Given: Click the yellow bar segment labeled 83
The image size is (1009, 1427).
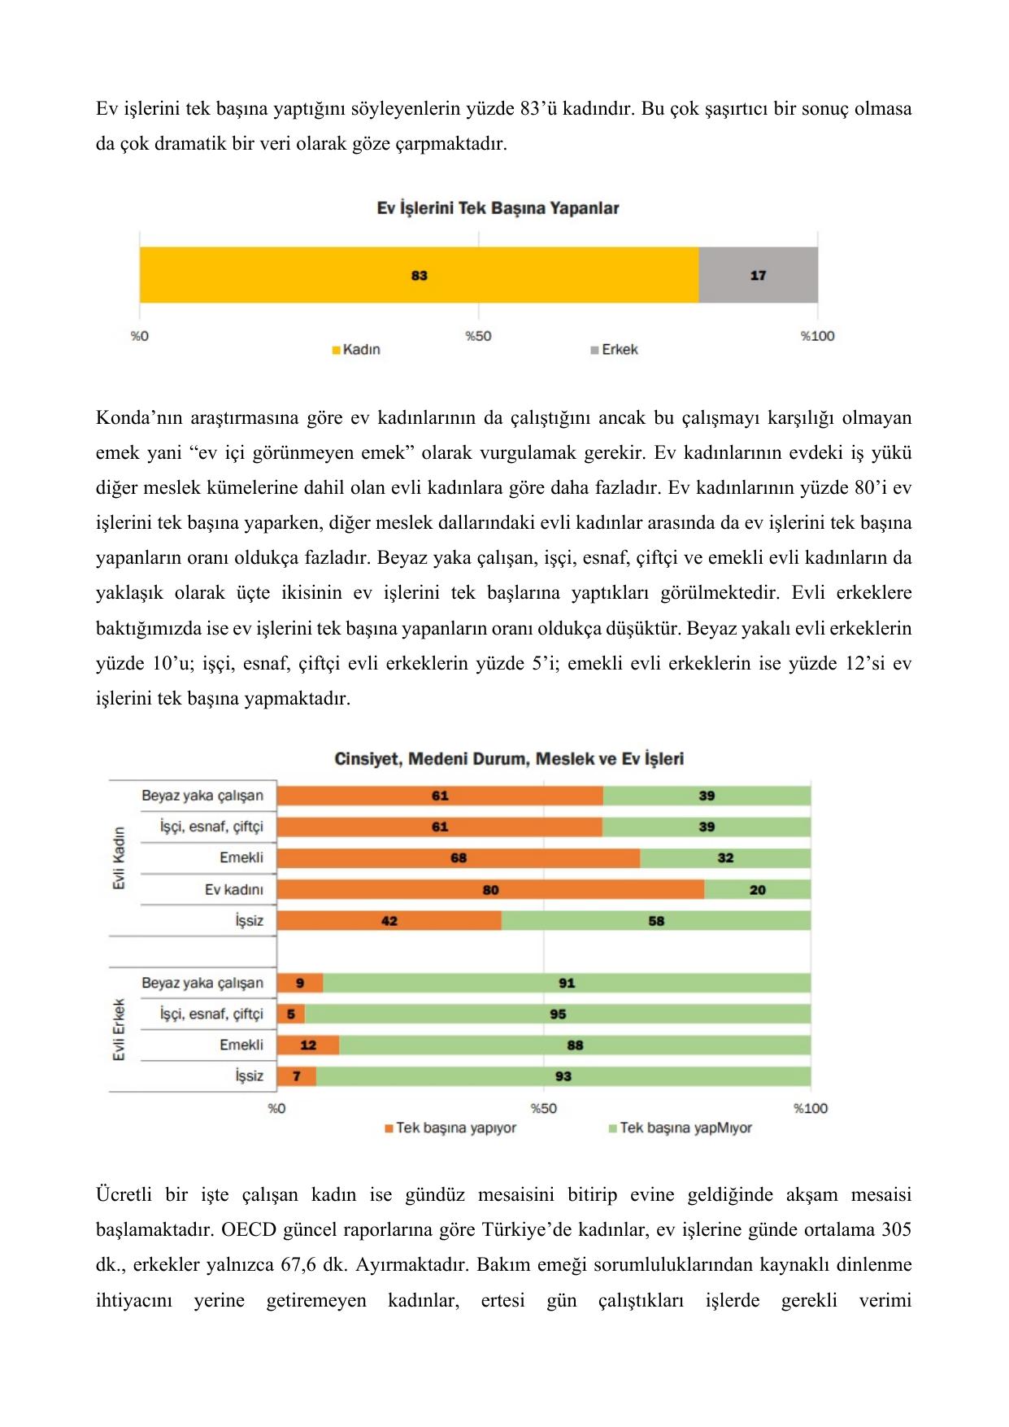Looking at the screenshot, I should [419, 275].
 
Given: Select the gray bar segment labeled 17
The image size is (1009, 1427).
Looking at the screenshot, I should [758, 275].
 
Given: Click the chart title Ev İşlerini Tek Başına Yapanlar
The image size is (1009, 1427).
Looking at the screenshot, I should [498, 208].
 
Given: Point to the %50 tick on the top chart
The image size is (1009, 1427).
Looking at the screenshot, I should [478, 336].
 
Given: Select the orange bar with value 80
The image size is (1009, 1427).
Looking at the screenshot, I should [490, 889].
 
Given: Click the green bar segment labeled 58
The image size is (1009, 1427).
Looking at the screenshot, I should [656, 921].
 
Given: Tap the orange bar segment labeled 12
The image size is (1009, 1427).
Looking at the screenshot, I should [308, 1045].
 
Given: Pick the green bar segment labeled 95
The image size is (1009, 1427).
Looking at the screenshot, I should [558, 1014].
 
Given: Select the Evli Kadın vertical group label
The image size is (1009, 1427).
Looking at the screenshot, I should [120, 858].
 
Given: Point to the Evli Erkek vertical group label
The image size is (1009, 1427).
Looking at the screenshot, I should [120, 1029].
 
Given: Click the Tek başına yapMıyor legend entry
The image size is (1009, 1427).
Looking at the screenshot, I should [681, 1128].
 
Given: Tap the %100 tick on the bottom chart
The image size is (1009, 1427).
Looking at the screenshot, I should [811, 1108].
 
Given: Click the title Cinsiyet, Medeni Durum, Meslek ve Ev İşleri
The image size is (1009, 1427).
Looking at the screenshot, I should [509, 759].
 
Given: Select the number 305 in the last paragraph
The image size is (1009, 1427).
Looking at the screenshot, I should [896, 1229].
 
